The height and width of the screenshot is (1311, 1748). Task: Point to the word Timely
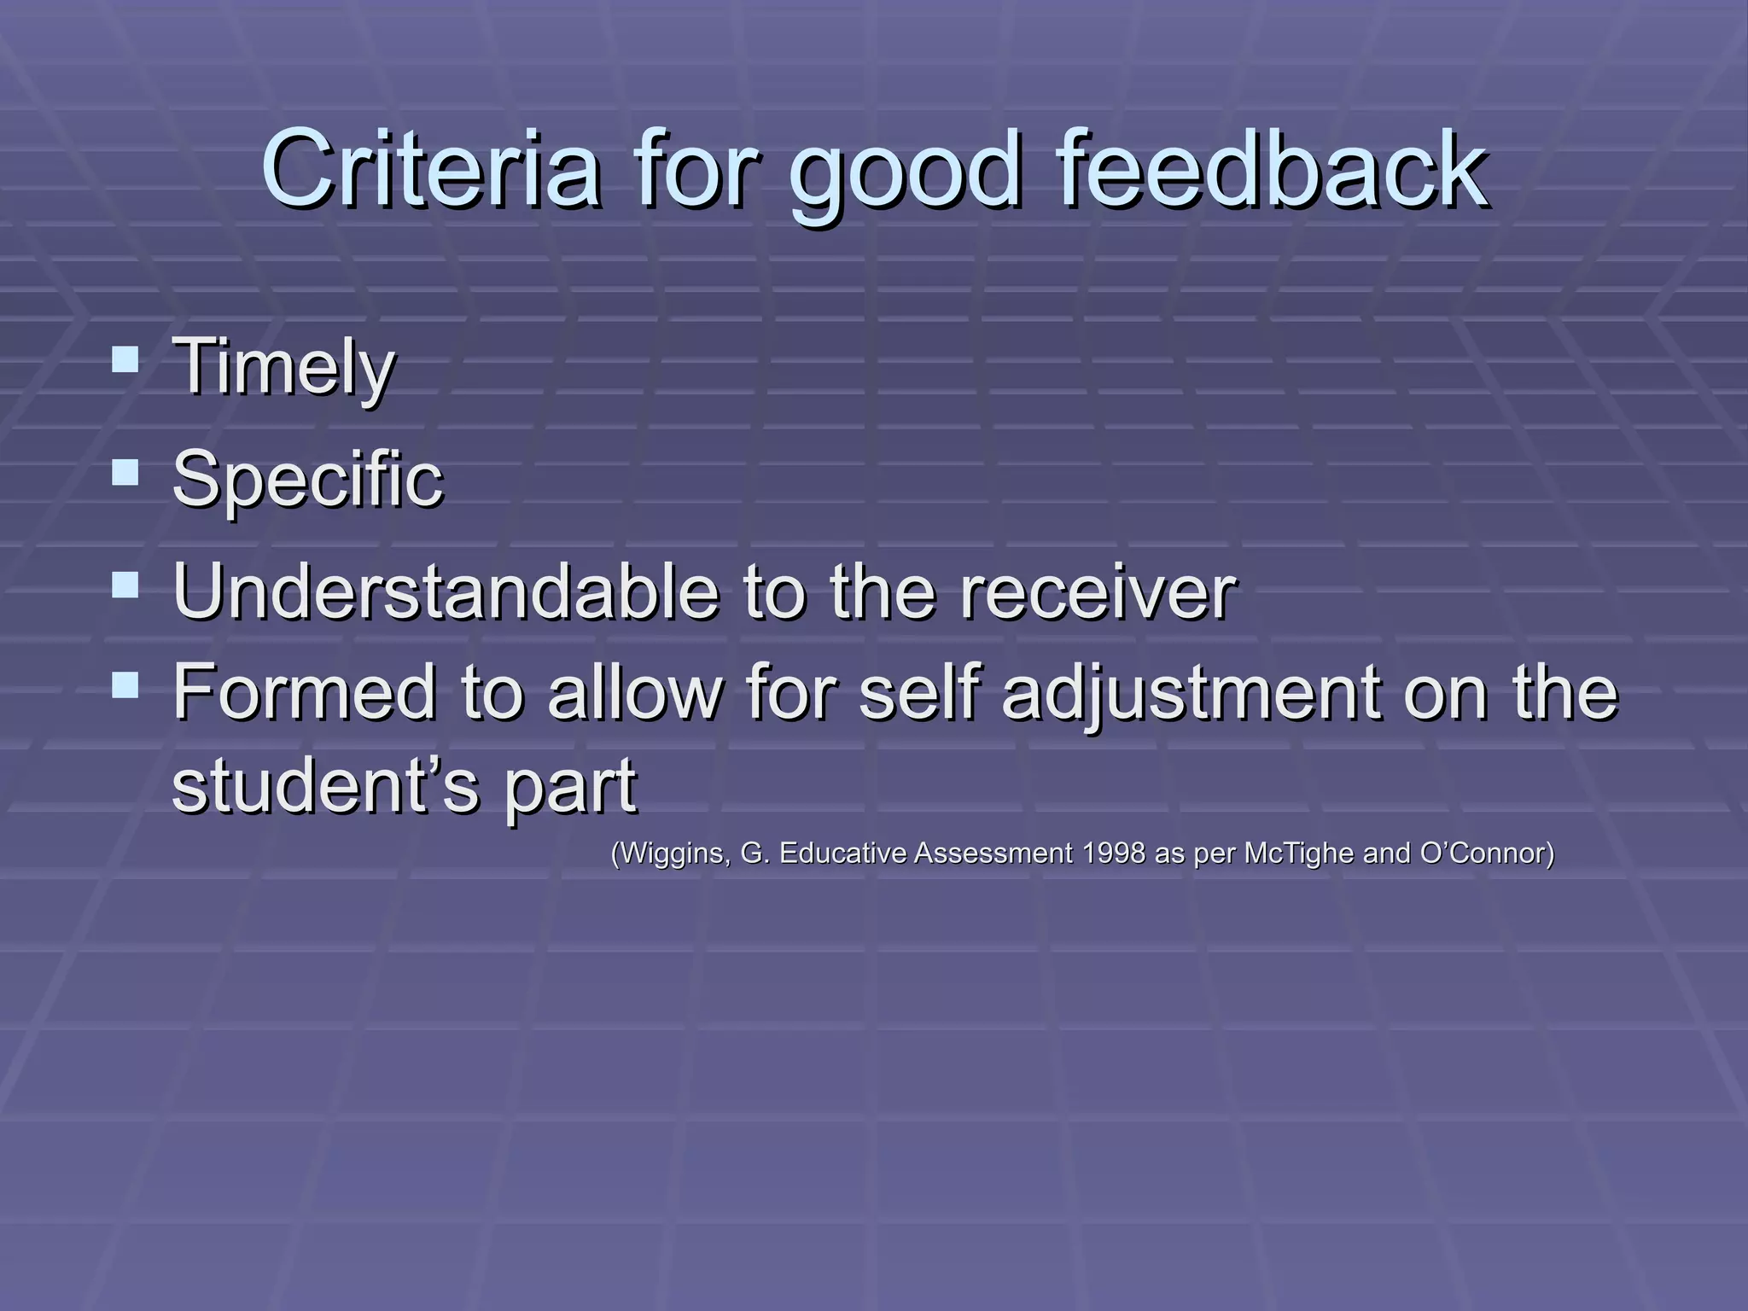283,367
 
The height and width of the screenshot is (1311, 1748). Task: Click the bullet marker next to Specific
125,472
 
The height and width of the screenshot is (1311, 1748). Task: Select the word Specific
307,480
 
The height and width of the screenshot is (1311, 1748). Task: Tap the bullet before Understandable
125,586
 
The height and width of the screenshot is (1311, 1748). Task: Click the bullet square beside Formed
125,685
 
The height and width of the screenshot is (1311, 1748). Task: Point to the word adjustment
1190,693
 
